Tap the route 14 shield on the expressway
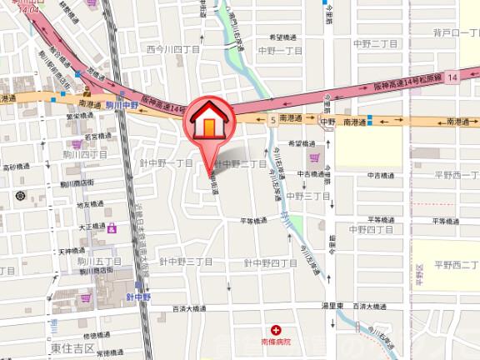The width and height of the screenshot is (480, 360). [452, 77]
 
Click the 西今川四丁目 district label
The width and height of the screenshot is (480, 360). [172, 49]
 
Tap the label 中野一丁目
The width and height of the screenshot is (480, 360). [282, 50]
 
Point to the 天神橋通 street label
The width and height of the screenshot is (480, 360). [73, 251]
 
